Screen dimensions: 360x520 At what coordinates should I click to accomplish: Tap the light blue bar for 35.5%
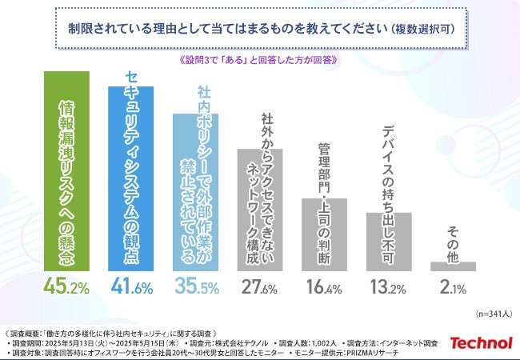point(196,192)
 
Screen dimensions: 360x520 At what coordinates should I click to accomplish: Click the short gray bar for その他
point(453,266)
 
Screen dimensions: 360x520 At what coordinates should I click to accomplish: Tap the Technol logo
point(480,342)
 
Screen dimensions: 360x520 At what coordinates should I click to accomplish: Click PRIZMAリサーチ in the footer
point(400,352)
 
